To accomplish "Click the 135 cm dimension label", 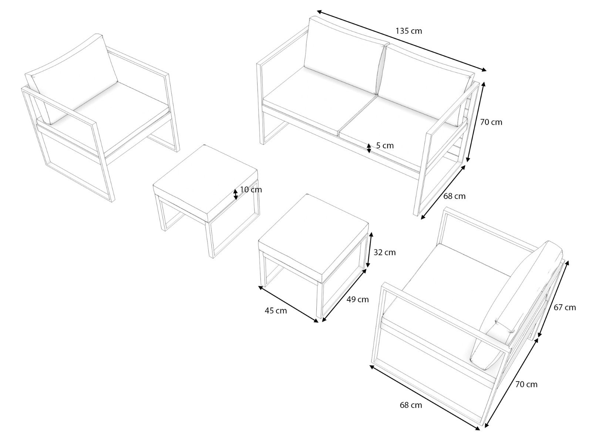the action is point(408,31).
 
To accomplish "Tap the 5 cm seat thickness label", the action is point(385,145).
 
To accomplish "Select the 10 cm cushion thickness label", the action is point(251,190).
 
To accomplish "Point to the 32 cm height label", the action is point(384,252).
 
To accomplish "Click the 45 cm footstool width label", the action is point(276,310).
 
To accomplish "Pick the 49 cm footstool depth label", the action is point(357,299).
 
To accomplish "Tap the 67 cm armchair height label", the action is point(565,307).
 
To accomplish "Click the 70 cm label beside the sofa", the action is point(491,122).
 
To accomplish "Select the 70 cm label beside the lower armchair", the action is point(526,384).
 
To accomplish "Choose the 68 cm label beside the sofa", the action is point(454,196).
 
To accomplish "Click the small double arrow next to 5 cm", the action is point(369,148).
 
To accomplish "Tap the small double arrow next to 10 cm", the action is point(235,194).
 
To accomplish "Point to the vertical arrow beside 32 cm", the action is point(369,250).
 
